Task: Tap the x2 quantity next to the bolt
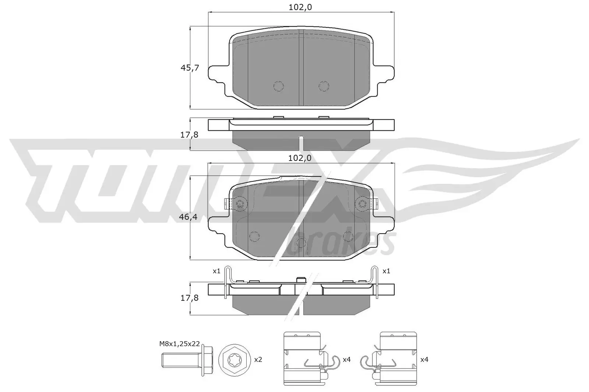(258, 359)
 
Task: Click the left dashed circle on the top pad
(279, 86)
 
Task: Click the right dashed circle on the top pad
(324, 86)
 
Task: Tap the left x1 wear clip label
(216, 271)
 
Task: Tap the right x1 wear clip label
(386, 271)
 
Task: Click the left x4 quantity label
(346, 359)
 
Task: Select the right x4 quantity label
(424, 359)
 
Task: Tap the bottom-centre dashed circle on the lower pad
(301, 242)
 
